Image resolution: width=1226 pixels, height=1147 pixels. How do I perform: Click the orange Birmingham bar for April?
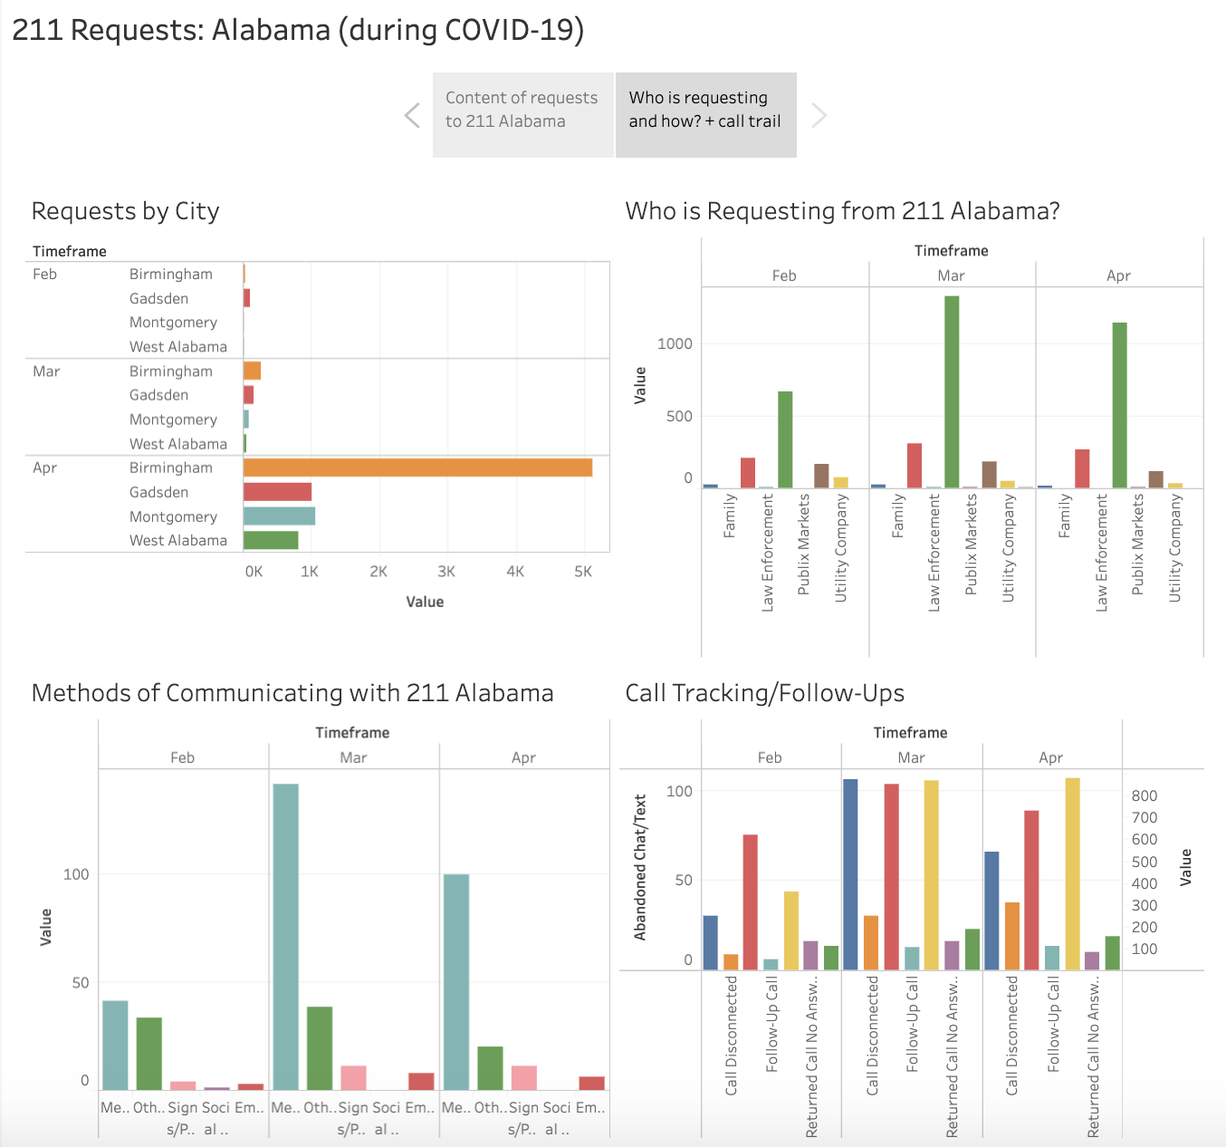(417, 467)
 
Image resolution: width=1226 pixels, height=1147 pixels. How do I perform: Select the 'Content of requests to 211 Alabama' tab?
(522, 110)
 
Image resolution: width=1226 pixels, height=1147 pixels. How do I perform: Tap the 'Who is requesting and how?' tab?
(705, 110)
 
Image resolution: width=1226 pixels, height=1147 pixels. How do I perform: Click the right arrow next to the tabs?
(819, 115)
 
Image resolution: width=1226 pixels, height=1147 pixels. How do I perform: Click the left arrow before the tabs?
(413, 115)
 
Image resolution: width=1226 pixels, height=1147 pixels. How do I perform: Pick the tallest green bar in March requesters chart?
(952, 392)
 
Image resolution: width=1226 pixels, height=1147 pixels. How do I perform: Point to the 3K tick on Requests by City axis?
(446, 572)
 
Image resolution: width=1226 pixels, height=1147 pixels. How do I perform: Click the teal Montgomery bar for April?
(279, 516)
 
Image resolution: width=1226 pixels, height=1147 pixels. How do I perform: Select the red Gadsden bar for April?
(277, 492)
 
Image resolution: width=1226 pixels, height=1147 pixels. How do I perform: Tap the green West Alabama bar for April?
(271, 540)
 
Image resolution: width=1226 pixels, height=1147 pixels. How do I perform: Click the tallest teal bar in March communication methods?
(286, 936)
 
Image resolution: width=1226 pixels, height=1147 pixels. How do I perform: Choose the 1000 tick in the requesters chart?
(675, 343)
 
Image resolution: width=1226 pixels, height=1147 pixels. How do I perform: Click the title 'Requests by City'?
(126, 211)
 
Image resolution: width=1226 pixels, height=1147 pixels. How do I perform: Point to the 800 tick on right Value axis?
(1145, 795)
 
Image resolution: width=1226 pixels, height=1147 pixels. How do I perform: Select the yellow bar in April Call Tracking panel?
(1072, 873)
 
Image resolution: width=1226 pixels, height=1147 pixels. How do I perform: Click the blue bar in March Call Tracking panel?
(850, 874)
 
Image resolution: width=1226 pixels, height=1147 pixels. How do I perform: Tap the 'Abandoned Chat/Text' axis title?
(640, 867)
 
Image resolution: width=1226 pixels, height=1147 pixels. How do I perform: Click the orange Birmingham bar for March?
(252, 371)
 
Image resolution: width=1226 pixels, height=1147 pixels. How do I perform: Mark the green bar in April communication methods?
(490, 1068)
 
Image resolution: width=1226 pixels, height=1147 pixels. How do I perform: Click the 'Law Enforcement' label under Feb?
(768, 553)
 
